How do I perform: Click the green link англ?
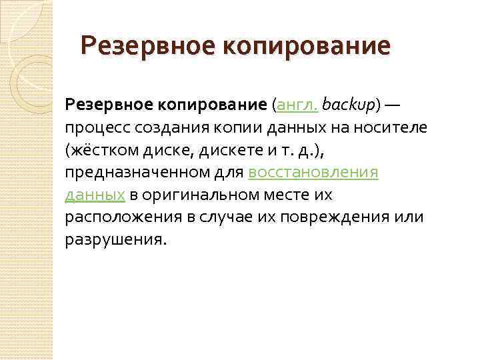click(296, 105)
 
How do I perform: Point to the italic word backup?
click(349, 105)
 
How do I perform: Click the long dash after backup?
click(393, 105)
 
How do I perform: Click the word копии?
click(241, 127)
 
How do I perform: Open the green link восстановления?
click(313, 173)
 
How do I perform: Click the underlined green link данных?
click(95, 195)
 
